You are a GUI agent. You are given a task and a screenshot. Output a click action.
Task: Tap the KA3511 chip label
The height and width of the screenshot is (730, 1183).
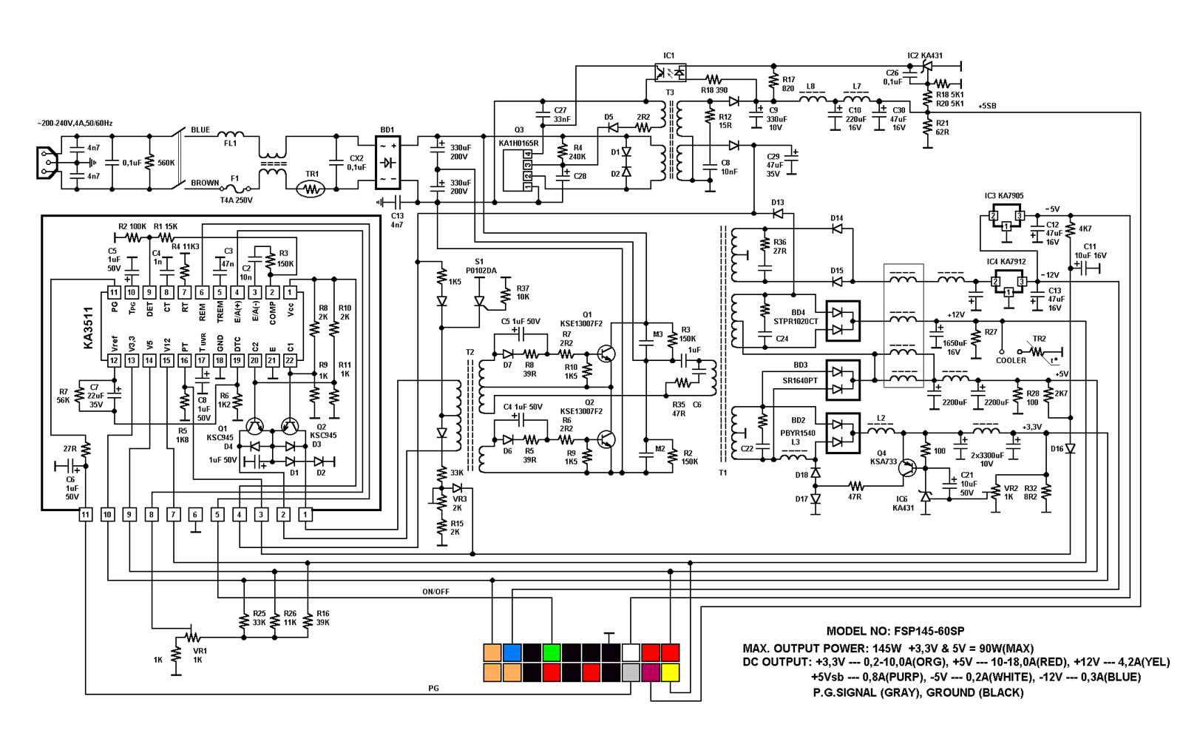coord(88,328)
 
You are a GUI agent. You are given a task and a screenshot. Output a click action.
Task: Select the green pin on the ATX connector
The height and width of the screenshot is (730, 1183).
coord(551,653)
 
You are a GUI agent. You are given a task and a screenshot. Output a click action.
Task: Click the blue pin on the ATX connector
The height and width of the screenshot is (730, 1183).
coord(512,653)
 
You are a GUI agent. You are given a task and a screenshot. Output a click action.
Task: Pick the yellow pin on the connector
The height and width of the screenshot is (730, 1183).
coord(670,672)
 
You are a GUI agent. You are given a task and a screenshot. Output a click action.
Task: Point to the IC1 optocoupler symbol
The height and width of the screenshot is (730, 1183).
coord(670,72)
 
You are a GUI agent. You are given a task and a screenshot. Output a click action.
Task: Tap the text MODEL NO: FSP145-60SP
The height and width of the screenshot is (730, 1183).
coord(895,631)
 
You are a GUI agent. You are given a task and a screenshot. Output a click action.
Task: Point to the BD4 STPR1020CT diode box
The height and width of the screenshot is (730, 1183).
coord(842,320)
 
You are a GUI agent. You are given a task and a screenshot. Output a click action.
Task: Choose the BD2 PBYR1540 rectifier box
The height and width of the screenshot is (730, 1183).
coord(842,433)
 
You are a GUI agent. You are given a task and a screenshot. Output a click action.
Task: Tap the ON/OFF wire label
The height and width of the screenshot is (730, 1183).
coord(435,592)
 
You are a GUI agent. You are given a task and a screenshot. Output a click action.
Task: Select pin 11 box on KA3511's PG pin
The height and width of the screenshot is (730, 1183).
coord(114,292)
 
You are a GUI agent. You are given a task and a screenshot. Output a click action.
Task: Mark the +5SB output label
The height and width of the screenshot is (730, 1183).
coord(987,106)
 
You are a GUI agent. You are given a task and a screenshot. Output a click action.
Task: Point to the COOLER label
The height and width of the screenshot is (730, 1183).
coord(1010,360)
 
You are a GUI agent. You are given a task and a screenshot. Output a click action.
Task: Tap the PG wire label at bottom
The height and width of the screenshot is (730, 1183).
coord(433,689)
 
